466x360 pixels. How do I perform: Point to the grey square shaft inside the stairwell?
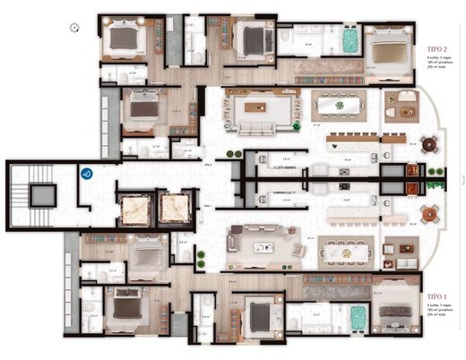40,193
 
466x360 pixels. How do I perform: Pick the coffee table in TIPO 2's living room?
262,107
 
